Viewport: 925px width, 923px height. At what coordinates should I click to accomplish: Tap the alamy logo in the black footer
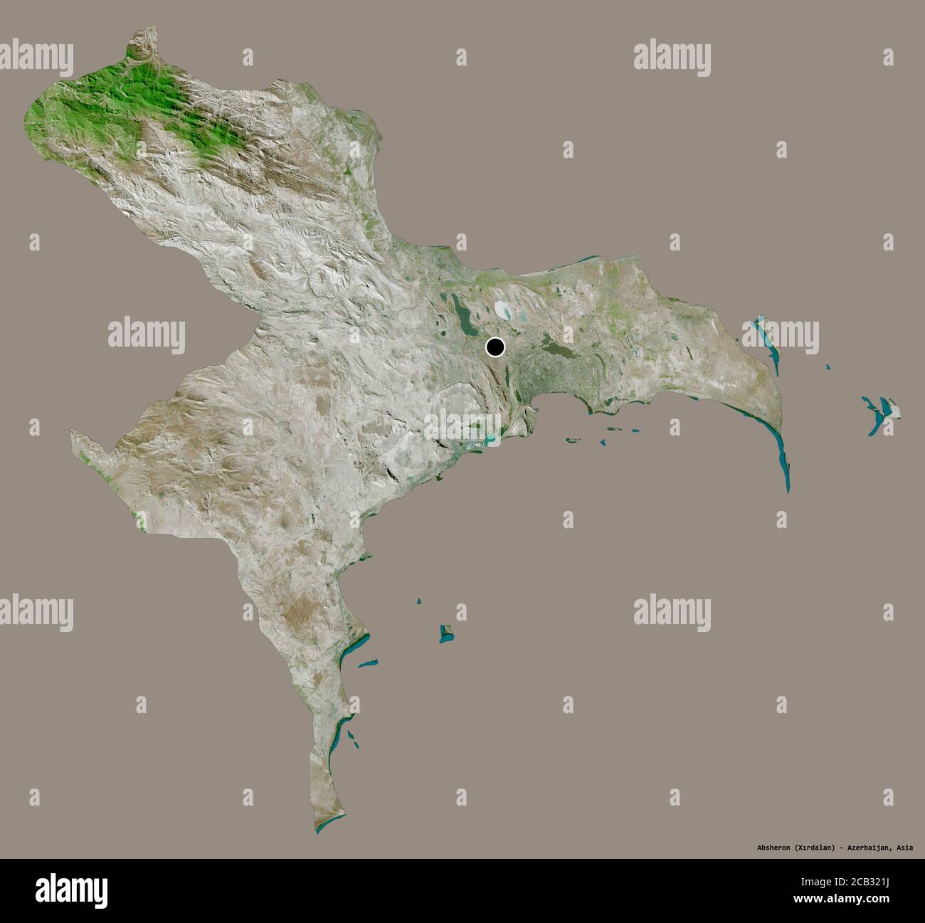70,890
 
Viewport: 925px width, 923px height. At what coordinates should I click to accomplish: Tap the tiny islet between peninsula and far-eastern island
828,366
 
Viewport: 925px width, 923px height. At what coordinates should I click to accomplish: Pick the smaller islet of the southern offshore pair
419,602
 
